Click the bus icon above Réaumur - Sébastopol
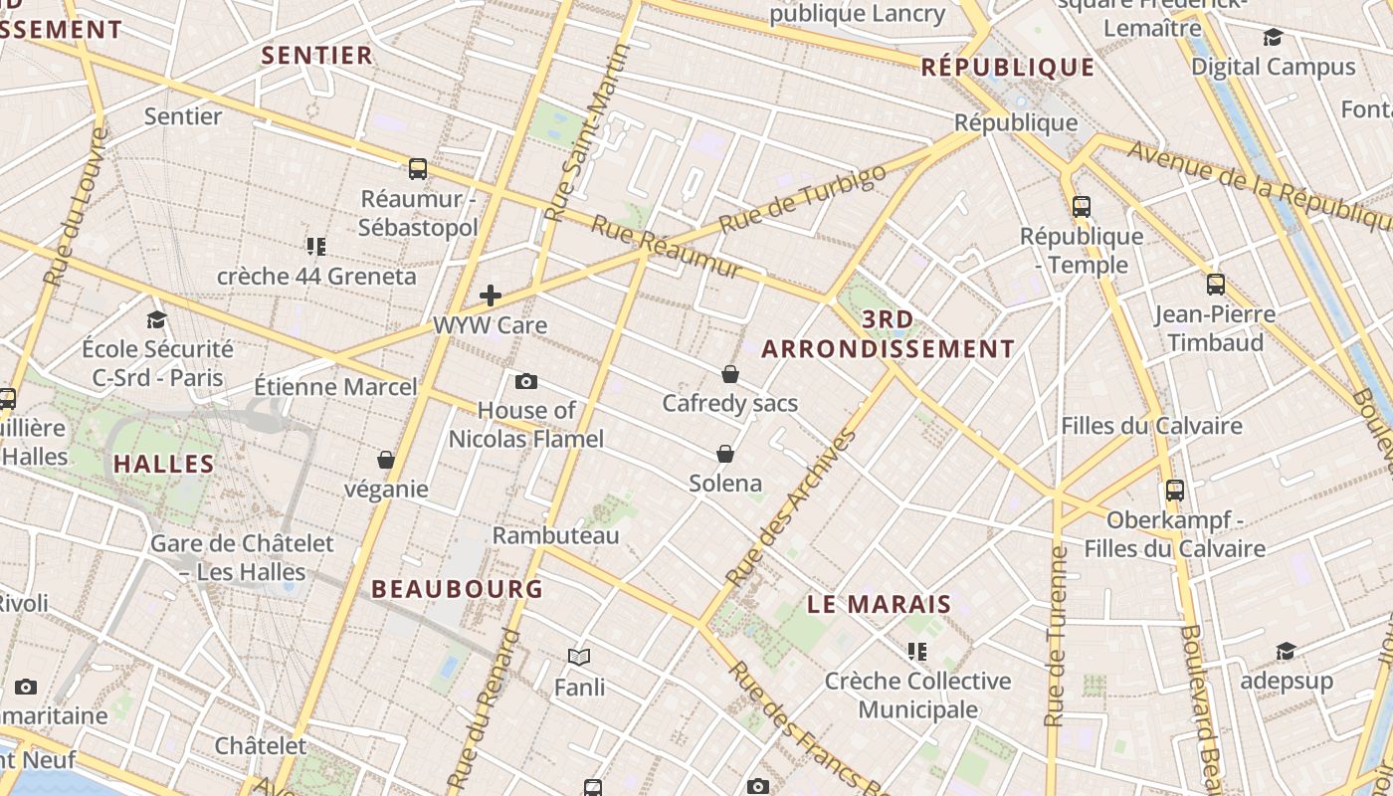click(418, 169)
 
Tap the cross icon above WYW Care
click(490, 296)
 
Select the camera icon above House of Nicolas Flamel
click(526, 381)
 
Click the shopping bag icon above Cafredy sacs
click(730, 374)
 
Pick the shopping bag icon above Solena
click(725, 454)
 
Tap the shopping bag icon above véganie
click(386, 460)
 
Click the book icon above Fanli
click(579, 657)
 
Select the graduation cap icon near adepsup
click(1286, 652)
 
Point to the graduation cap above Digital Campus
click(1273, 38)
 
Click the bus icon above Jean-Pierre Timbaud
click(1215, 285)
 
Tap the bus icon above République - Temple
click(1082, 207)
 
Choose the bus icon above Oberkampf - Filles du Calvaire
click(1175, 490)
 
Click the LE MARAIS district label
click(879, 604)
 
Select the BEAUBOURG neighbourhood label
click(458, 588)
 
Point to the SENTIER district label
click(316, 56)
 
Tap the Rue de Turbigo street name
click(802, 199)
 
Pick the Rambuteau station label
click(555, 535)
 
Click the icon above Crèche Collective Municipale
click(916, 652)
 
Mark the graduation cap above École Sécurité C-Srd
click(157, 319)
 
